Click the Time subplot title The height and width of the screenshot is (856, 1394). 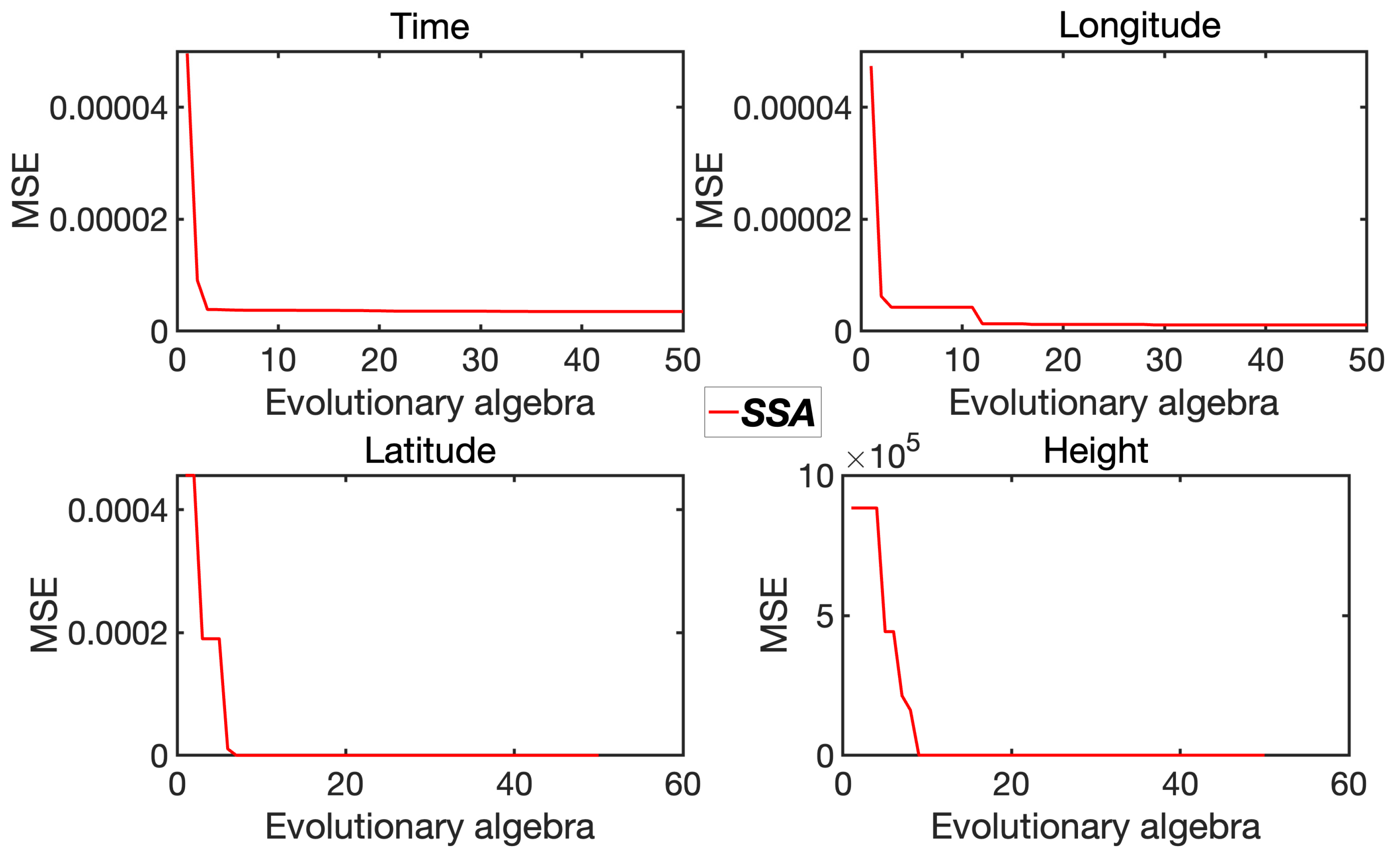click(430, 27)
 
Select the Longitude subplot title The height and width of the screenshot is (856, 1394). click(1139, 25)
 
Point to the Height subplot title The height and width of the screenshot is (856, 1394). click(1095, 451)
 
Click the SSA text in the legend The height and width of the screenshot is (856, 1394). click(778, 413)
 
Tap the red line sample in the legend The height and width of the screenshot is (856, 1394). click(723, 412)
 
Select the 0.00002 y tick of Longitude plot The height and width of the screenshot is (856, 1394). click(792, 220)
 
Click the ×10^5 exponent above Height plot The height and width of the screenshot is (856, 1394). click(883, 454)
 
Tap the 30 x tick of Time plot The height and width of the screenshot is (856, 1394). click(480, 361)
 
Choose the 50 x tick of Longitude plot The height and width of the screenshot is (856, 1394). click(1366, 361)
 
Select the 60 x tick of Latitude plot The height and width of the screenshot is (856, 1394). click(683, 785)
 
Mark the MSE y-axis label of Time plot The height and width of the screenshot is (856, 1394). click(26, 190)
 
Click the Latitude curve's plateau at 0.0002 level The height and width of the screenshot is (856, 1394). click(211, 639)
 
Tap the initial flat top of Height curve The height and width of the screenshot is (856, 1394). click(864, 508)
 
